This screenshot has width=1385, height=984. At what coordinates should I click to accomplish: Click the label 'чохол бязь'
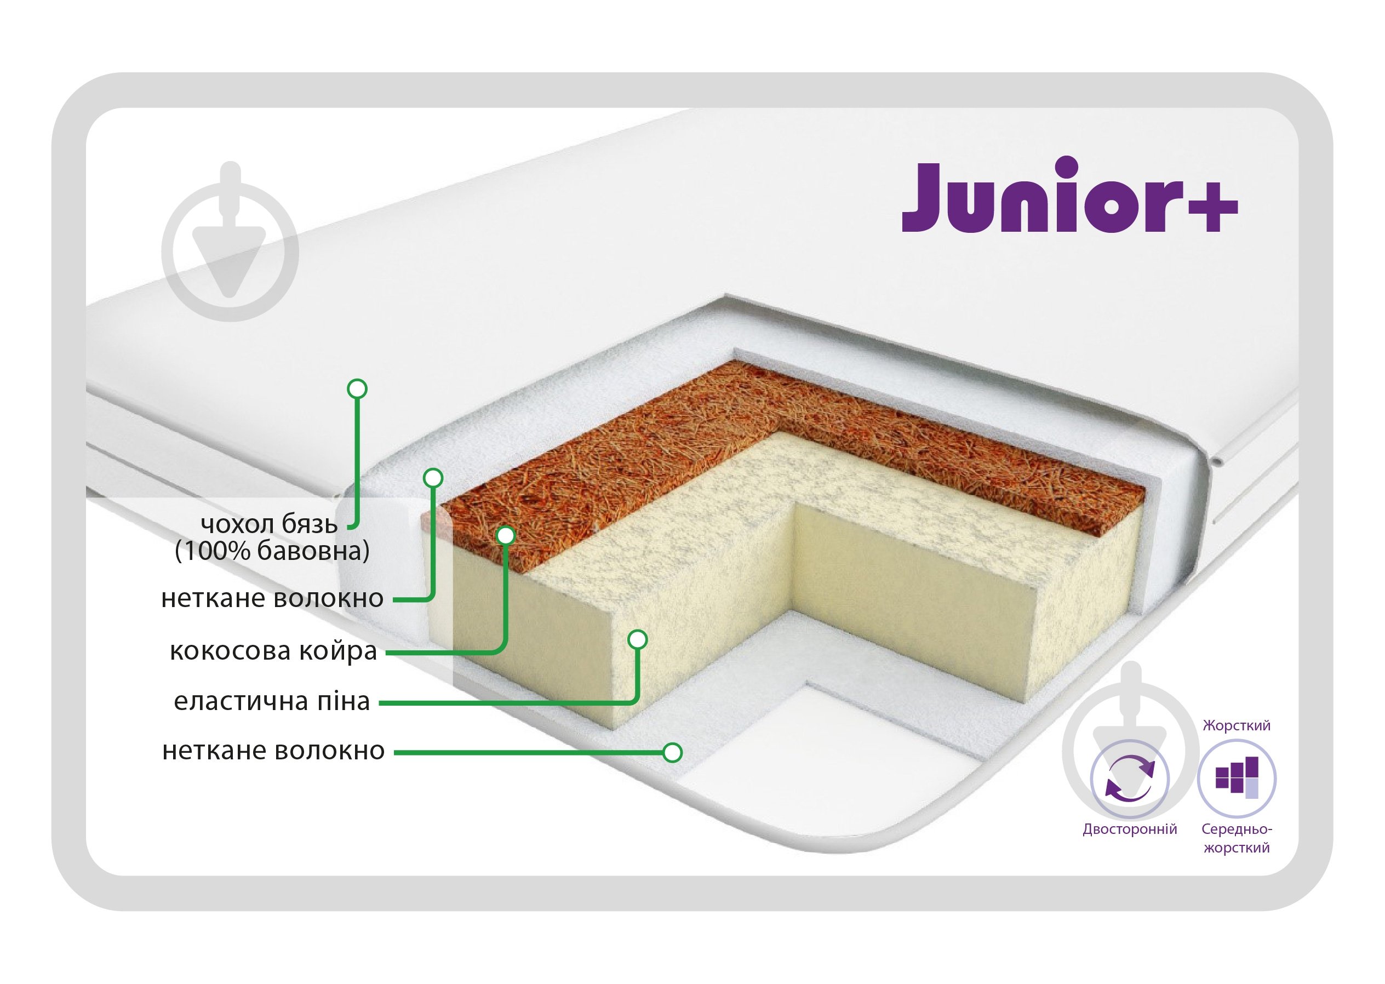[x=269, y=524]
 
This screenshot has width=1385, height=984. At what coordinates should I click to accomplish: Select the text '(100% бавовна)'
[x=272, y=551]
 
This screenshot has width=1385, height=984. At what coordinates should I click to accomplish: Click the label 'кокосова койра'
[x=273, y=651]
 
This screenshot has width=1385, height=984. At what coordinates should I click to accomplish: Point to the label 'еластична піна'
[x=272, y=701]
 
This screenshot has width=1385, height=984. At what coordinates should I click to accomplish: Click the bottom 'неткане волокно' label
[x=273, y=750]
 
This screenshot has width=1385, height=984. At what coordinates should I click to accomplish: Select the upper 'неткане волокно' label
[x=272, y=598]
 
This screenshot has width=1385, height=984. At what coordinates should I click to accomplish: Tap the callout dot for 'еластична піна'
[x=637, y=639]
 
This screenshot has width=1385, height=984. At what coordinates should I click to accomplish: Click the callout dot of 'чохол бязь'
[x=357, y=388]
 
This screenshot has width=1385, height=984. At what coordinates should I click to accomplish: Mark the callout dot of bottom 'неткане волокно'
[x=673, y=753]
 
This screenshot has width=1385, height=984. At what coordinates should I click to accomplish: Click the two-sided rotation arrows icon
[x=1129, y=779]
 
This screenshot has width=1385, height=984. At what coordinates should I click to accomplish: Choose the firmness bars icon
[x=1237, y=779]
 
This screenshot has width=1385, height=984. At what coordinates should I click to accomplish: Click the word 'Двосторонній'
[x=1130, y=829]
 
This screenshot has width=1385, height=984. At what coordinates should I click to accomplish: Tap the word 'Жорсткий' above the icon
[x=1237, y=725]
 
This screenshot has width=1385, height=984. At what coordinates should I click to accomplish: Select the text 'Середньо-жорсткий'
[x=1237, y=839]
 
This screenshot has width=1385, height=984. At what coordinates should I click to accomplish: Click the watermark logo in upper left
[x=230, y=241]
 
